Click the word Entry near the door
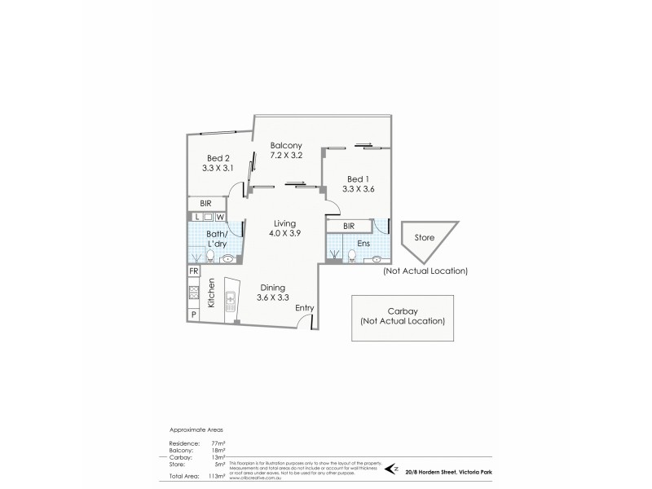[x=305, y=307]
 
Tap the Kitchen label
[x=210, y=293]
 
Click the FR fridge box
[x=194, y=271]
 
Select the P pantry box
[x=194, y=314]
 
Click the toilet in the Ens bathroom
[x=351, y=256]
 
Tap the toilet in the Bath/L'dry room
[x=210, y=257]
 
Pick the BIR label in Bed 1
[x=349, y=226]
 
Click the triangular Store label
[x=425, y=238]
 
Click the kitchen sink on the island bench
[x=231, y=301]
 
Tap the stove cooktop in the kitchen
[x=194, y=293]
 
